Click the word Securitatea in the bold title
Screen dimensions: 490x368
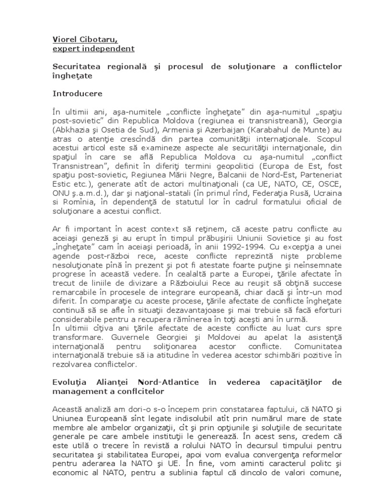[76, 67]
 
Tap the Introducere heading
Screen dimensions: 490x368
[77, 93]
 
